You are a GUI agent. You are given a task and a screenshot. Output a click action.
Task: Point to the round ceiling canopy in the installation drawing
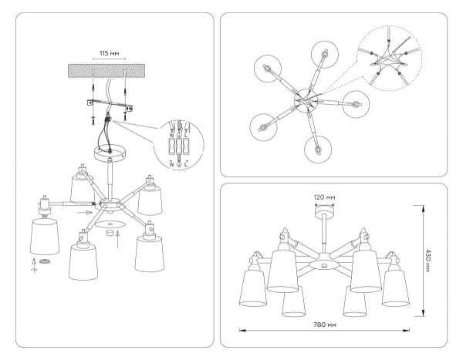(x=110, y=153)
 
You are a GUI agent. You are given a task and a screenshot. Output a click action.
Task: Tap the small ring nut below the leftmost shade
(x=46, y=263)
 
